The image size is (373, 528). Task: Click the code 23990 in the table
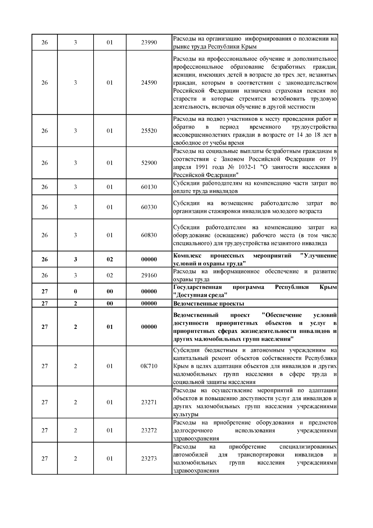click(x=149, y=42)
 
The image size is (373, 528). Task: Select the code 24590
click(x=149, y=83)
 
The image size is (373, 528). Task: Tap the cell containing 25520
click(x=149, y=131)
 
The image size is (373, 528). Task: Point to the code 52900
click(x=149, y=163)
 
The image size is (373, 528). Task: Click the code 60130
click(x=149, y=187)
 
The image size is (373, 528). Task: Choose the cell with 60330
click(x=149, y=207)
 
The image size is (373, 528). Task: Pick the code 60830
click(x=149, y=235)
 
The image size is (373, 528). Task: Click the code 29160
click(x=149, y=275)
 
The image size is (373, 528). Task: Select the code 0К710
click(x=149, y=366)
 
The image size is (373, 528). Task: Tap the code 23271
click(x=149, y=402)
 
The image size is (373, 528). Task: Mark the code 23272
click(x=149, y=431)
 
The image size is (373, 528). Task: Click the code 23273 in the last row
click(x=149, y=459)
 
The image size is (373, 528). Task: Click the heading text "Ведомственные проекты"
click(x=208, y=304)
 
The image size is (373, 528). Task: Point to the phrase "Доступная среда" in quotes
click(x=200, y=295)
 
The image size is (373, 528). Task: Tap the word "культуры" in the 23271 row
click(x=186, y=414)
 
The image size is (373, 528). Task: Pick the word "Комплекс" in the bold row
click(x=187, y=256)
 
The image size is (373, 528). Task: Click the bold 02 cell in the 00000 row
click(x=110, y=259)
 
